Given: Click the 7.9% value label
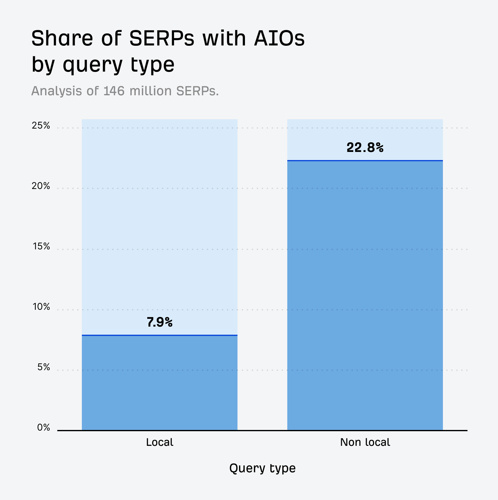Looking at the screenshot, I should pos(159,323).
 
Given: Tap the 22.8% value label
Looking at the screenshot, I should pos(365,148).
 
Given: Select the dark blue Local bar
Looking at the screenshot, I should pos(159,383).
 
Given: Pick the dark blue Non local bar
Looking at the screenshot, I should pos(365,296).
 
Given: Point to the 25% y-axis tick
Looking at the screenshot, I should pos(41,126).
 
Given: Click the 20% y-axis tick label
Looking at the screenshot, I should pos(41,186).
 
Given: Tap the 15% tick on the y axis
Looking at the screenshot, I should pos(41,247).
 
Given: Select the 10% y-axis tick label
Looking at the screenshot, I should pos(41,307).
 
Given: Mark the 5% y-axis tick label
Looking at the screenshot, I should pos(44,367).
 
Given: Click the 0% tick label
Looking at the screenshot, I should pos(44,428).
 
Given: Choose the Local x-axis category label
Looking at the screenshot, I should pos(159,442).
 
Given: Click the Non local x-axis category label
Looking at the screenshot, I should pos(365,442).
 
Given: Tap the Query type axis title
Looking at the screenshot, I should pos(262,468).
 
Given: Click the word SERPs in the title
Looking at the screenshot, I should pos(162,39).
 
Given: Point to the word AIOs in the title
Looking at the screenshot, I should pos(279,39).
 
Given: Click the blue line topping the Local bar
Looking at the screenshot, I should pos(159,335).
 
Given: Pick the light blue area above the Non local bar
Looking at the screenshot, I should pos(365,134).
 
